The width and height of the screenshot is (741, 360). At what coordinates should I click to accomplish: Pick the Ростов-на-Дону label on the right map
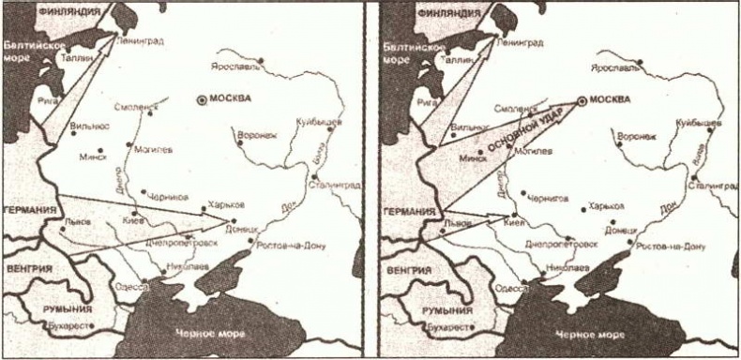pos(671,245)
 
